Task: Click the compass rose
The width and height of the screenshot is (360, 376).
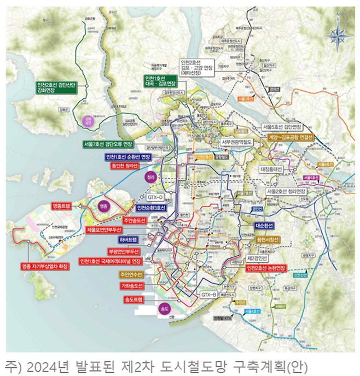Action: [335, 35]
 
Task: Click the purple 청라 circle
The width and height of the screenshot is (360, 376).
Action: [151, 177]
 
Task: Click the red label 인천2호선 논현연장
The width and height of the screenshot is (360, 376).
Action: [266, 267]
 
